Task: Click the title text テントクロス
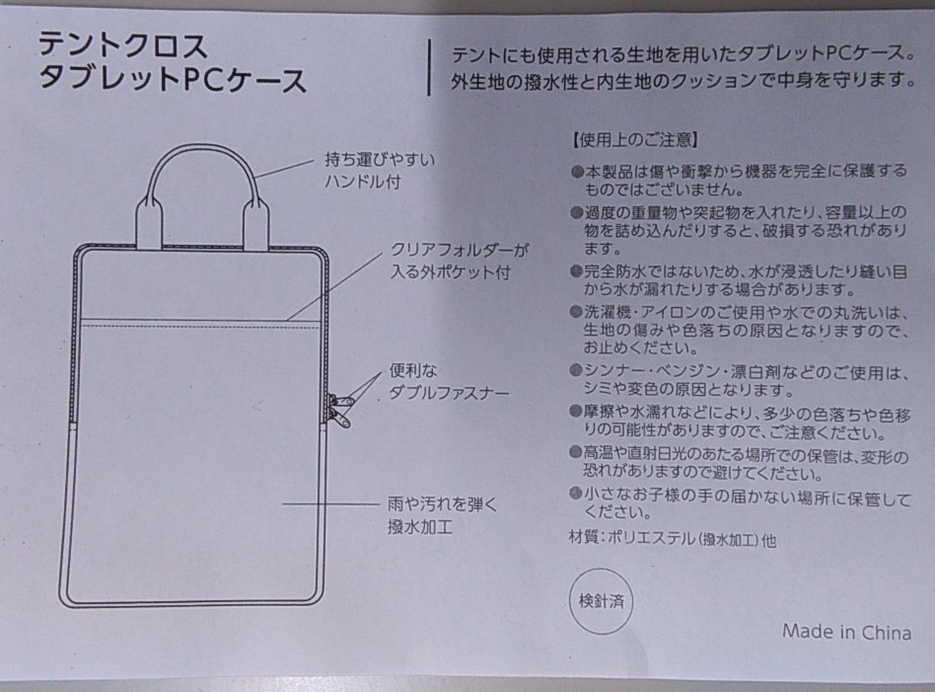123,45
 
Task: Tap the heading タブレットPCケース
173,79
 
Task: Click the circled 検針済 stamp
601,600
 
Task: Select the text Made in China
847,632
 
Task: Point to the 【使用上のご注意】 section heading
634,140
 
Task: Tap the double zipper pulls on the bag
340,411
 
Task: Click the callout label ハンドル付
363,182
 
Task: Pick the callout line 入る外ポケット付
451,272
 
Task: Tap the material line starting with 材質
673,539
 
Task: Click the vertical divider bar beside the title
429,67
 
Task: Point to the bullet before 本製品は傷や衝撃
576,172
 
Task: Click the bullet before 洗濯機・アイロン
576,312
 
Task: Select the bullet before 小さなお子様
576,494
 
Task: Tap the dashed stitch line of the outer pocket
200,327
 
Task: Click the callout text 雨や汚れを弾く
442,504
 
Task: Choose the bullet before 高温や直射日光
576,452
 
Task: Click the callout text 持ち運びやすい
380,159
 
